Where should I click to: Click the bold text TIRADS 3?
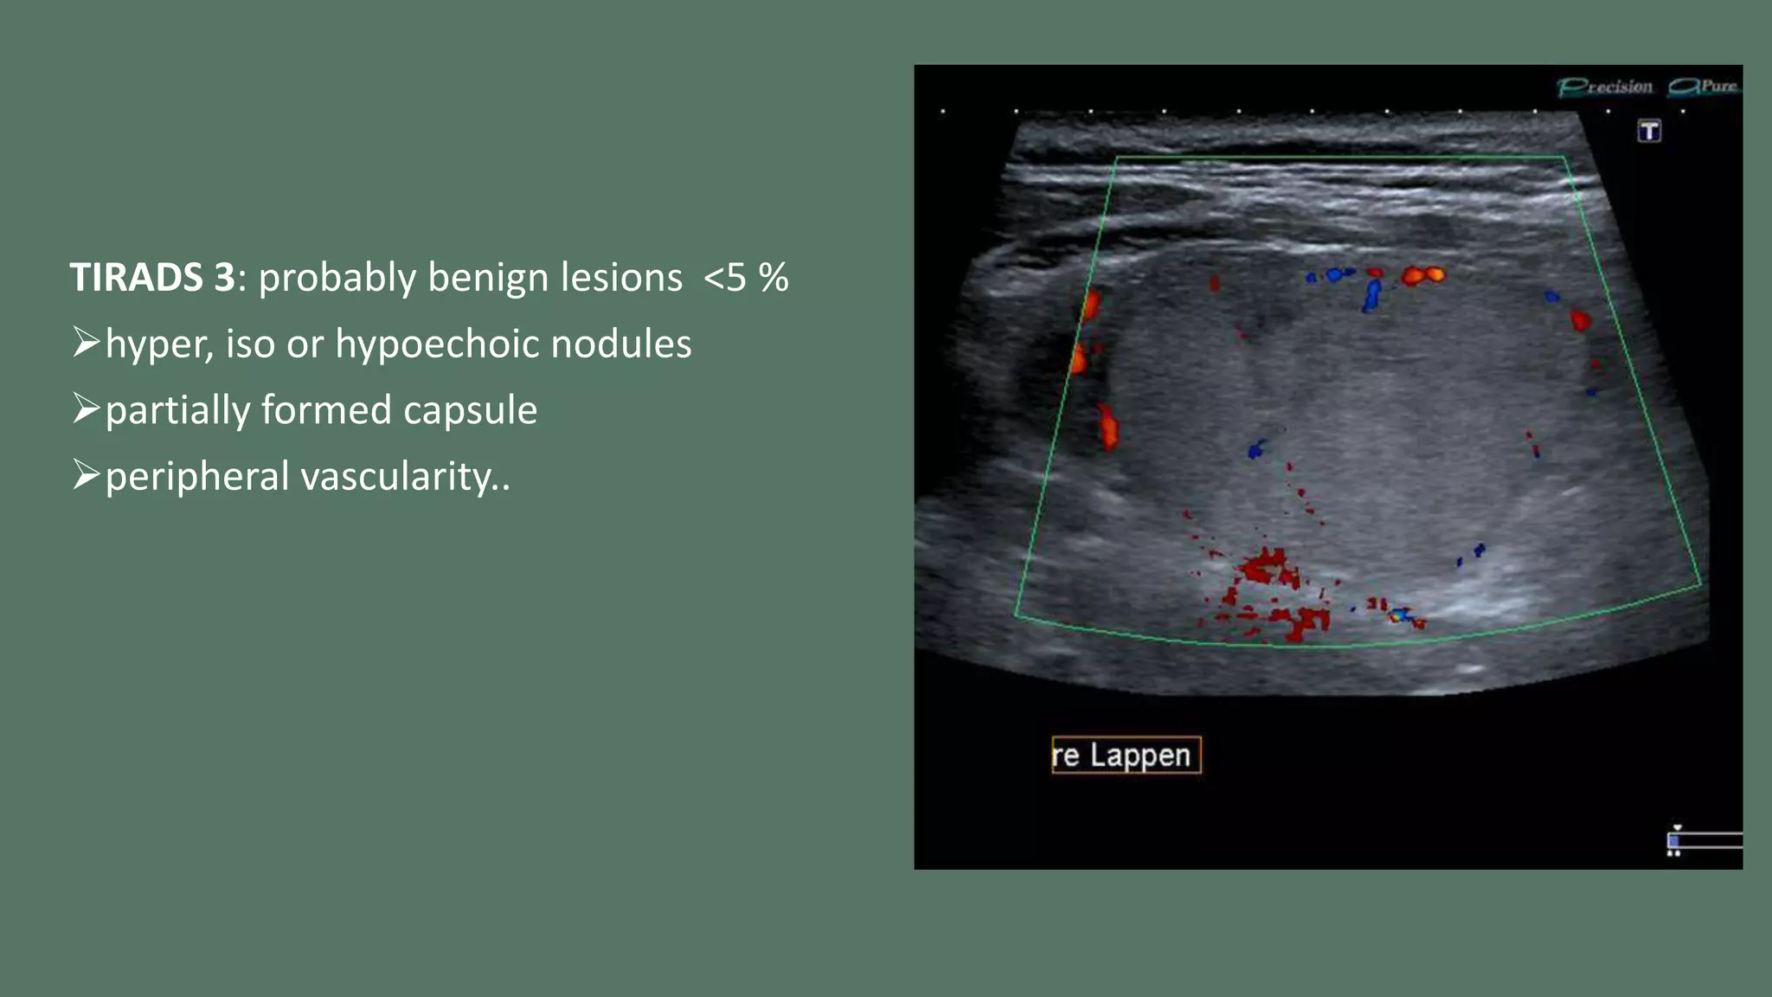(151, 278)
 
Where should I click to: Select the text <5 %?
(745, 278)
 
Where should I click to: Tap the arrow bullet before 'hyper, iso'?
(86, 343)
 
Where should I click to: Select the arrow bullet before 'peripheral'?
(86, 475)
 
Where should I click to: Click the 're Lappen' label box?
(1126, 755)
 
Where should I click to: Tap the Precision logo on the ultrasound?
(1606, 87)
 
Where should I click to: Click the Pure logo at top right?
(1704, 87)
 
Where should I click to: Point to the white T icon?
(1649, 132)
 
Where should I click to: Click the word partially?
(177, 410)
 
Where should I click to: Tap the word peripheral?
(196, 477)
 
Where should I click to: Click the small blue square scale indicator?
(1673, 840)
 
